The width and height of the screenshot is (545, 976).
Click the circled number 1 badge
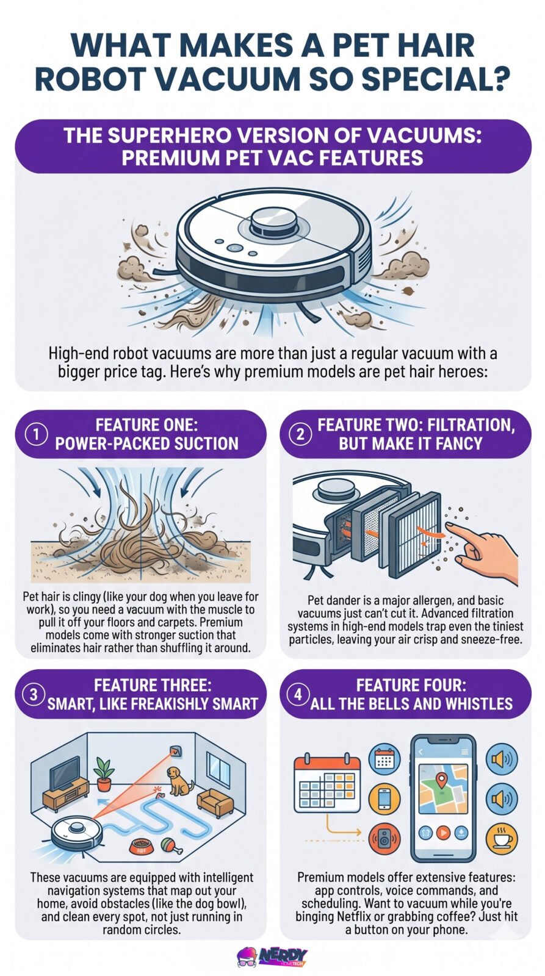(x=37, y=434)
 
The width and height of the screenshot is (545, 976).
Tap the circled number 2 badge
(x=300, y=434)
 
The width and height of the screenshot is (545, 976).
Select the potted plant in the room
(x=104, y=774)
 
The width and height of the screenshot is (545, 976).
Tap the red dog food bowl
(x=142, y=846)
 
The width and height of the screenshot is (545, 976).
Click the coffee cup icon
(x=502, y=837)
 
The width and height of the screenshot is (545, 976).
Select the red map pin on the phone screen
(x=441, y=778)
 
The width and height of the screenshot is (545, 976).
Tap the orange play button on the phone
(x=443, y=833)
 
